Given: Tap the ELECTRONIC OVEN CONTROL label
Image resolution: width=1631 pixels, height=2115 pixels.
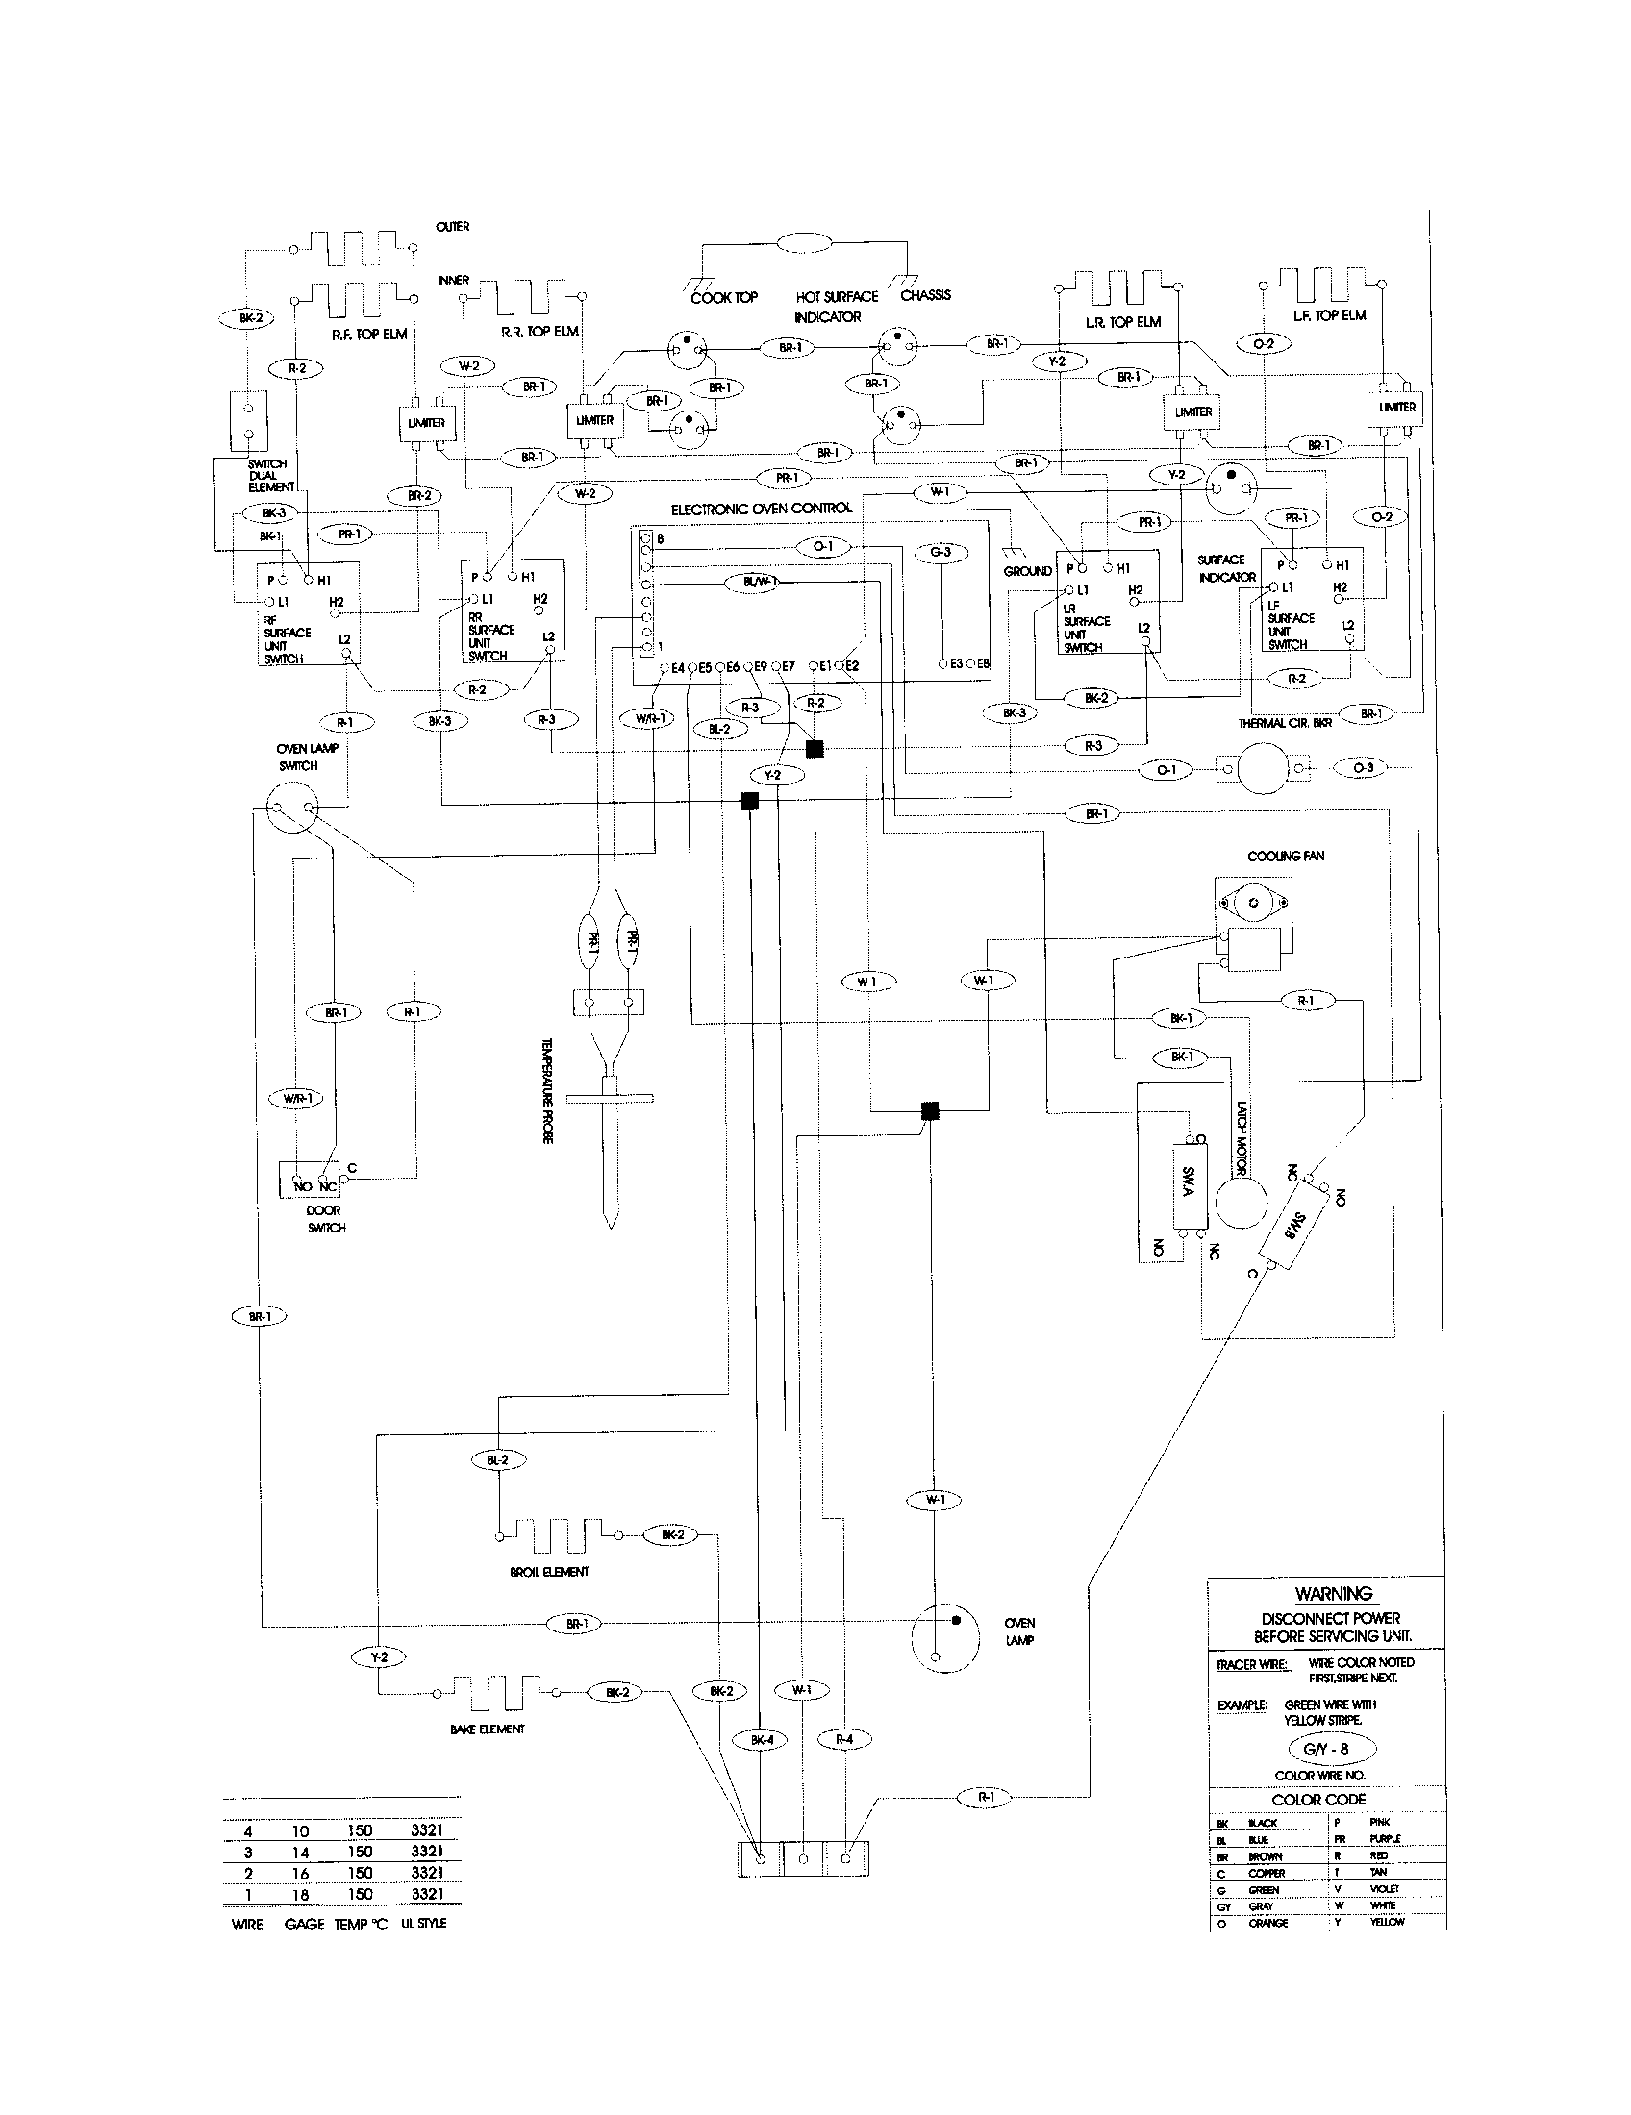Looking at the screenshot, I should (x=762, y=509).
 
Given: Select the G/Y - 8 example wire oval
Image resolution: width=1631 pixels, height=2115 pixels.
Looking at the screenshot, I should (x=1332, y=1750).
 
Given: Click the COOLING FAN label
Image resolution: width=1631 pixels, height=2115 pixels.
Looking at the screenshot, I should (x=1285, y=856).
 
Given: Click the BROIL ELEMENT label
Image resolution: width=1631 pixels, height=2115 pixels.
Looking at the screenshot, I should (x=548, y=1572).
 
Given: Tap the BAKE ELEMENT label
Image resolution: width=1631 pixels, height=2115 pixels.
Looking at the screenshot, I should (x=488, y=1729).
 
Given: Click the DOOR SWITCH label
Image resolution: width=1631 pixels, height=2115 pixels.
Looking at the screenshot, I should (x=325, y=1218).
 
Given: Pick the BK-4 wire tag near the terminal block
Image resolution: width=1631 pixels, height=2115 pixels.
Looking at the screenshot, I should (x=763, y=1740).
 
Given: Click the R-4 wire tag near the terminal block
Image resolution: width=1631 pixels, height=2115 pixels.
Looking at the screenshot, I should (x=844, y=1739).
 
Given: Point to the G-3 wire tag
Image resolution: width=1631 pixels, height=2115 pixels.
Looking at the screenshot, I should (x=941, y=552).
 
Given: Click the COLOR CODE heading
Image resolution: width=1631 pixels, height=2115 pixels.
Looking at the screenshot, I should (x=1318, y=1800).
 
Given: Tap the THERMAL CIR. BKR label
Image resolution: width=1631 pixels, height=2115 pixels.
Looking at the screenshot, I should (x=1284, y=722).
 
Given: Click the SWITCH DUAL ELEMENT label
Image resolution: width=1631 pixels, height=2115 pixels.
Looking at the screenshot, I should (x=268, y=476).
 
